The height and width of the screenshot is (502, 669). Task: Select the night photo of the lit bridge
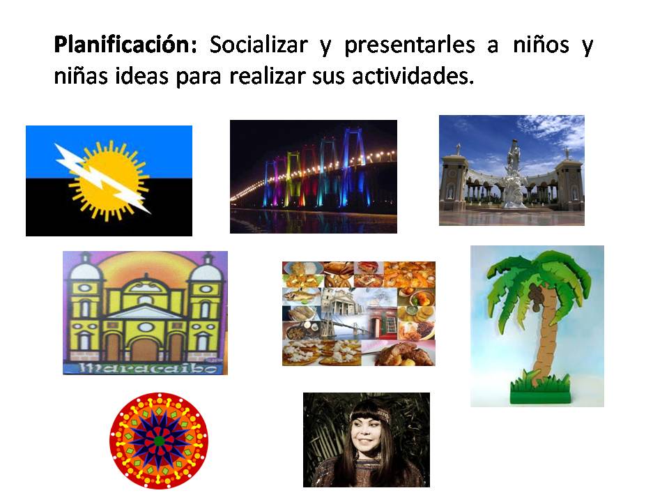(313, 176)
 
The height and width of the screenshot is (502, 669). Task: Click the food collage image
(358, 313)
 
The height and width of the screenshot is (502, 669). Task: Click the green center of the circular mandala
(159, 441)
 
